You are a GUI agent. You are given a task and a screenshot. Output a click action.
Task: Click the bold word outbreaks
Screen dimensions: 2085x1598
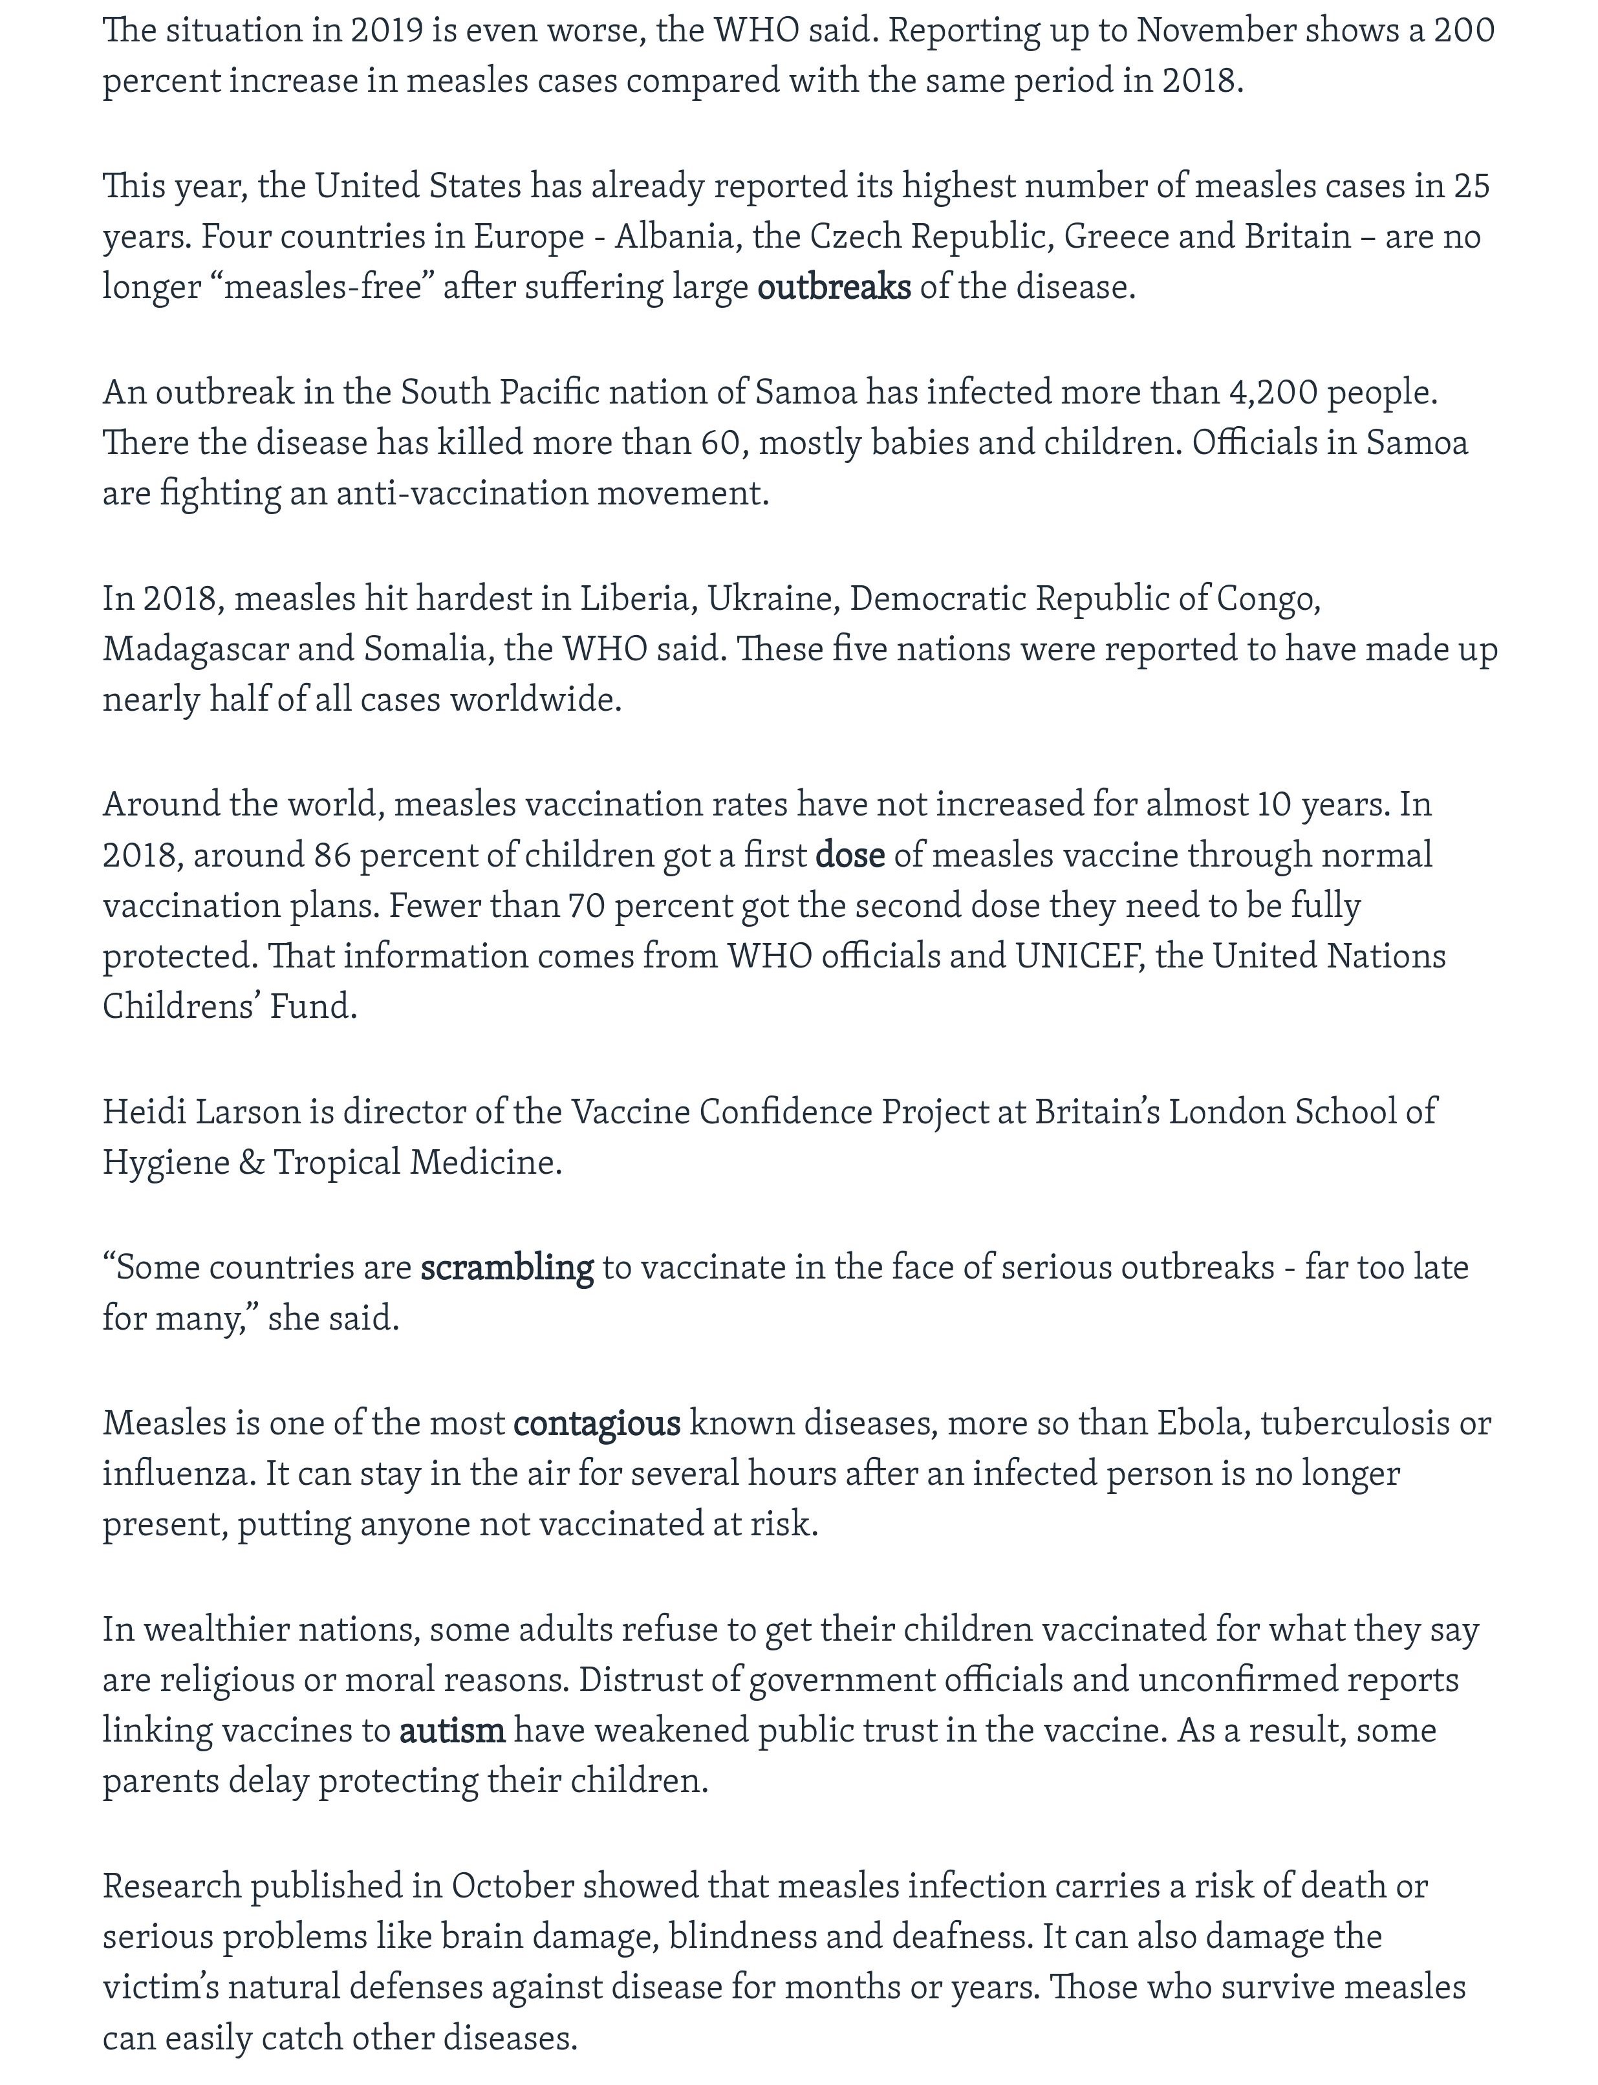(x=833, y=286)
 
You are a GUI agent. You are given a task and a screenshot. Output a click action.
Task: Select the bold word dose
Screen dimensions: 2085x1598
(x=849, y=855)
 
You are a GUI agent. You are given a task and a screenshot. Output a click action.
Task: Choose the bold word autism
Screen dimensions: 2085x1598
(x=452, y=1729)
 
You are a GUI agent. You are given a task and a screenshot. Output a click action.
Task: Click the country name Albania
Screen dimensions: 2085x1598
(x=677, y=236)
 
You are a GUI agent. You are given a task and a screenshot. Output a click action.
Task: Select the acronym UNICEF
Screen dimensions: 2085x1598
(x=1079, y=956)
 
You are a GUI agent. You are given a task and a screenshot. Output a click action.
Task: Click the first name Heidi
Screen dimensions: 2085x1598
(x=144, y=1111)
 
